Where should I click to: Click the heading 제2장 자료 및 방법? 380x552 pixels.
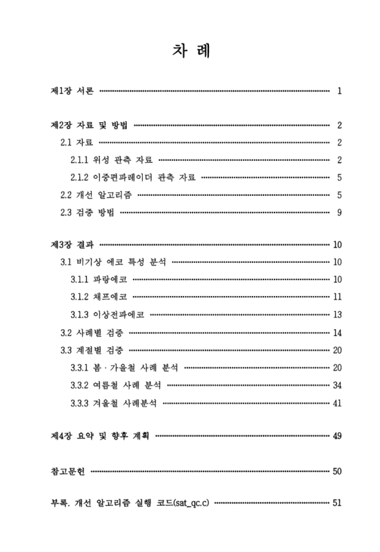(89, 125)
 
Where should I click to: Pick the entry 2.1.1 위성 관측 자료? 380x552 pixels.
(112, 160)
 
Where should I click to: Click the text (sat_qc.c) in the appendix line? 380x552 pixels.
(192, 503)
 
